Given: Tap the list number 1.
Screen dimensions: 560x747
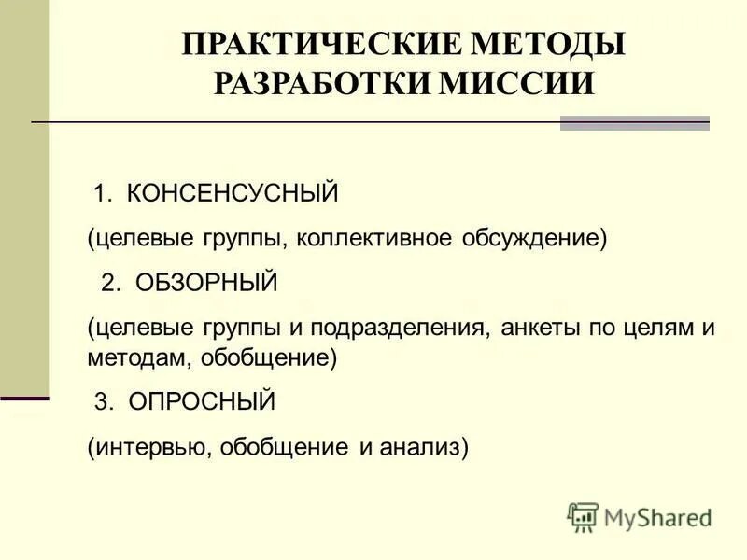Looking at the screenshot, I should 101,195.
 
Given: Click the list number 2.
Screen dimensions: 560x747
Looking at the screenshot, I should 110,284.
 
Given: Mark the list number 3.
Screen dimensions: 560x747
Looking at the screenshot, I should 103,402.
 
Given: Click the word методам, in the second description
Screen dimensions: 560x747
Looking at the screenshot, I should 130,357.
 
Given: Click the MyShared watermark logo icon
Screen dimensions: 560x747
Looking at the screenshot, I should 584,516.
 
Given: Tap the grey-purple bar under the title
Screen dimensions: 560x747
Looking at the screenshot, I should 634,123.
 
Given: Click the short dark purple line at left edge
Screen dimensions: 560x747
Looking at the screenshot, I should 24,399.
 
